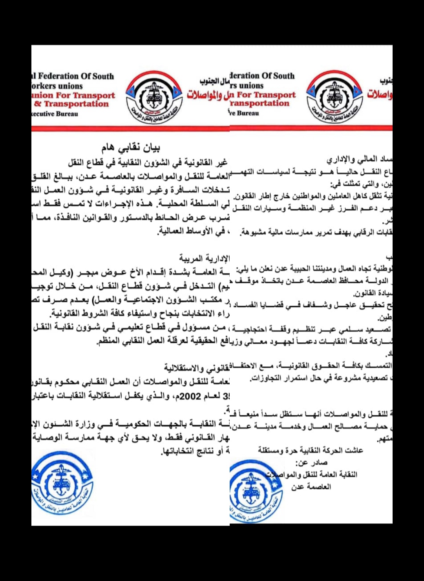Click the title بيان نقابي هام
coord(131,148)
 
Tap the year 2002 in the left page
coord(190,396)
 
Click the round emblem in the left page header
coord(154,97)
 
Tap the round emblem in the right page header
coord(334,96)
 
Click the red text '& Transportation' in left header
coord(71,104)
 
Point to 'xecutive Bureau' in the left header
coord(55,114)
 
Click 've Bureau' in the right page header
coord(244,113)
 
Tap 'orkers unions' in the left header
coord(57,86)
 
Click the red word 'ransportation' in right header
coord(260,103)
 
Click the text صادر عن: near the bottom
coord(311,463)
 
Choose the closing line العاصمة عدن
coord(311,487)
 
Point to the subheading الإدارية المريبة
coord(204,258)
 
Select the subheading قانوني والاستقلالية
coord(197,368)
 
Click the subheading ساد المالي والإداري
coord(359,159)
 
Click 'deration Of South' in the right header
coord(262,76)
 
